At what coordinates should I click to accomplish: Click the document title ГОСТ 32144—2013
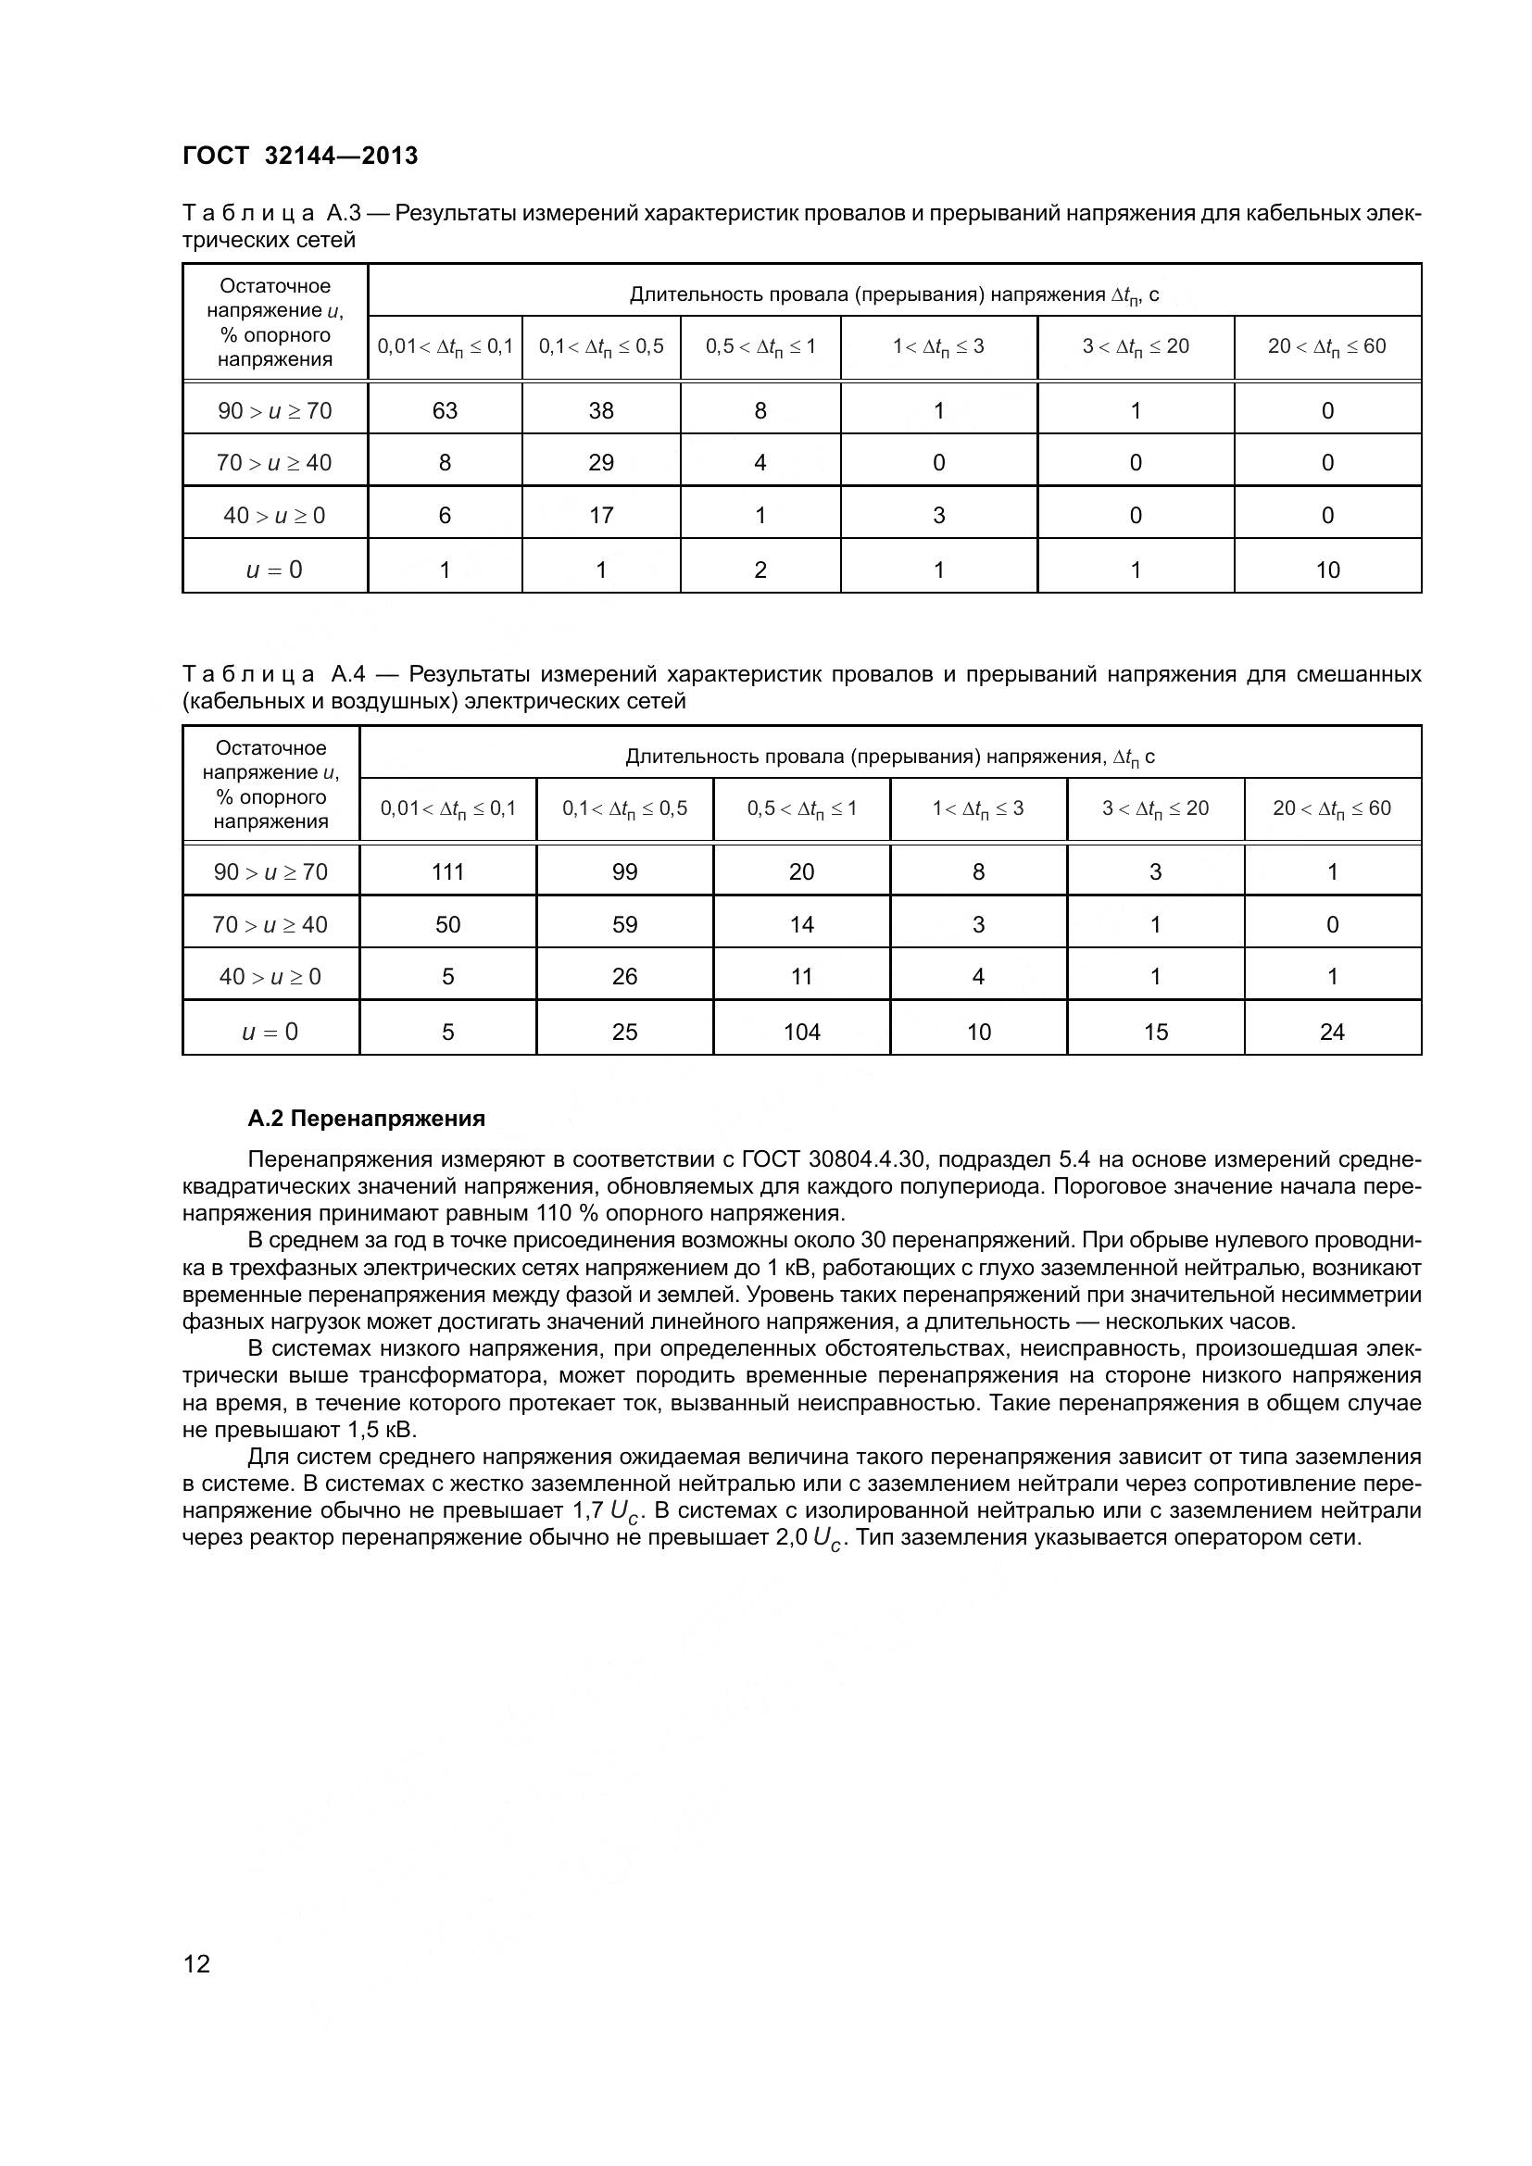pos(300,156)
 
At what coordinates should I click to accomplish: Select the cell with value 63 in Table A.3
pos(445,410)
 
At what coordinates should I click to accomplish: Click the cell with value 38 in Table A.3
pos(601,410)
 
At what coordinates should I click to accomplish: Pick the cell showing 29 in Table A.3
pos(601,462)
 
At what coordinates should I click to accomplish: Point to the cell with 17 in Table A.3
pos(601,515)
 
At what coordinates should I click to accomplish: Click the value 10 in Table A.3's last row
pos(1327,570)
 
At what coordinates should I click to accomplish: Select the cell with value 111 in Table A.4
pos(447,871)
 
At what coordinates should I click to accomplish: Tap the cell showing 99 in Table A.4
pos(624,871)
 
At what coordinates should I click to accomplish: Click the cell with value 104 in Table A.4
pos(802,1032)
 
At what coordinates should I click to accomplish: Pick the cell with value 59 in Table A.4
pos(624,924)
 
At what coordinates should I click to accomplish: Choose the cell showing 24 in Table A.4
pos(1332,1032)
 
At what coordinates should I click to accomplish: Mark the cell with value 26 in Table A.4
pos(624,976)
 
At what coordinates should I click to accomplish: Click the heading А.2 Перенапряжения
pos(366,1119)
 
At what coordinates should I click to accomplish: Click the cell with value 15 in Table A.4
pos(1156,1032)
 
